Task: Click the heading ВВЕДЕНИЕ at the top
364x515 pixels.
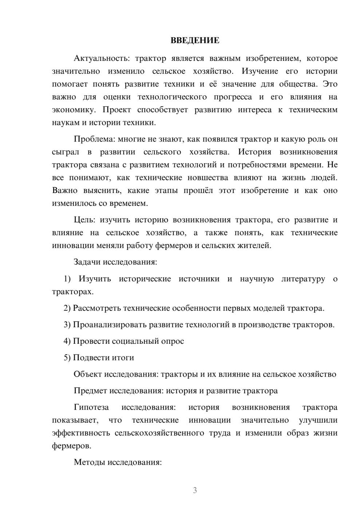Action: point(195,40)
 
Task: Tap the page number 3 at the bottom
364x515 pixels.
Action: point(195,490)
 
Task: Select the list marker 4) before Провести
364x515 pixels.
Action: point(67,341)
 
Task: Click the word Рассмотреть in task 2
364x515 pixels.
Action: point(96,308)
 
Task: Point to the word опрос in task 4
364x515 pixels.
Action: point(173,341)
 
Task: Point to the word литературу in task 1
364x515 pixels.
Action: point(303,279)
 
